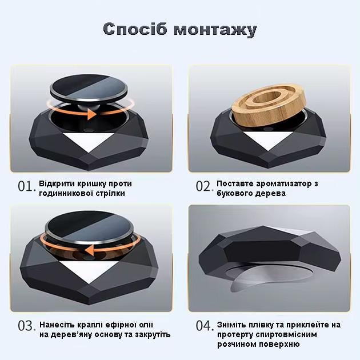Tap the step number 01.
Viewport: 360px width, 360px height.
[x=26, y=187]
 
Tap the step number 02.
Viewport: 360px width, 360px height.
[x=204, y=187]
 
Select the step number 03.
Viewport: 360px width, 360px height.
[x=26, y=326]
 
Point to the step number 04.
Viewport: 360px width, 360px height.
[x=204, y=326]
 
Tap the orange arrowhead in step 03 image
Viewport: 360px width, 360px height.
[x=90, y=250]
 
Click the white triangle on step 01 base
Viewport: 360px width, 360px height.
[x=91, y=142]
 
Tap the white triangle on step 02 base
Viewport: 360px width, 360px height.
[x=269, y=142]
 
